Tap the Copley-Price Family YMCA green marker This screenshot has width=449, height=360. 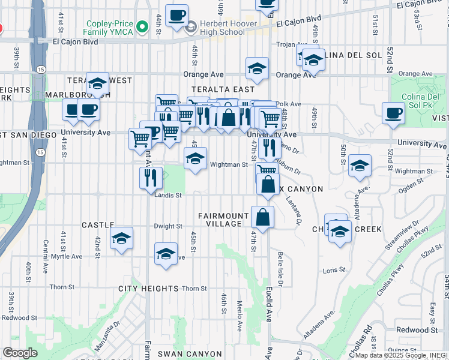(x=142, y=26)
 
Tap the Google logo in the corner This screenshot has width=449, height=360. (x=20, y=353)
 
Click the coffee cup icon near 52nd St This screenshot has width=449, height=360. (x=394, y=113)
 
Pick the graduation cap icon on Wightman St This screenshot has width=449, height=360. (x=195, y=159)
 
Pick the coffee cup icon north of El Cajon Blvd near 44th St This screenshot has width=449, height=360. (x=176, y=16)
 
